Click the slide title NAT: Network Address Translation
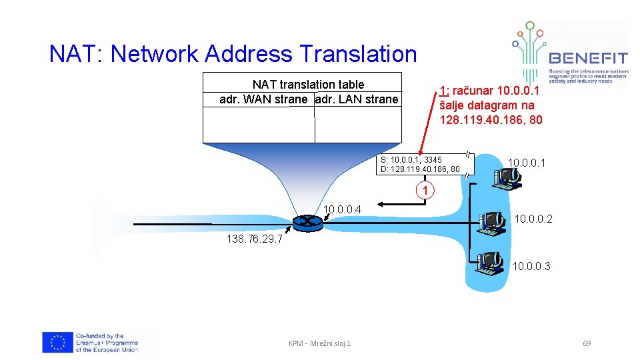click(233, 54)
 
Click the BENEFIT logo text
click(588, 58)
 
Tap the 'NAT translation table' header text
click(308, 85)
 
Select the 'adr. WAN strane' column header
click(263, 99)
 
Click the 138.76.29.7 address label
click(254, 240)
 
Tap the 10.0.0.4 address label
click(342, 211)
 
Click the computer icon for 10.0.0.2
click(493, 223)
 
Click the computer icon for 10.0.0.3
click(491, 264)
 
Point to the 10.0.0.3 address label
click(531, 267)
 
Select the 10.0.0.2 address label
click(534, 219)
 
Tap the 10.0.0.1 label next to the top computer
click(527, 163)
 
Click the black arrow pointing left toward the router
click(390, 203)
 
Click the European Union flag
click(57, 343)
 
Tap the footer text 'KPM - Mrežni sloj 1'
click(319, 343)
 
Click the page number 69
click(587, 343)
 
